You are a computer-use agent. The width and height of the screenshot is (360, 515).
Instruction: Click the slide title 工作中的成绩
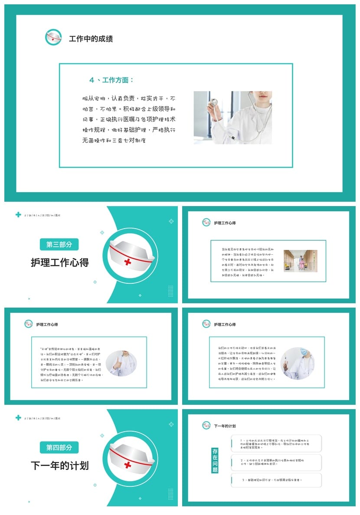coord(91,39)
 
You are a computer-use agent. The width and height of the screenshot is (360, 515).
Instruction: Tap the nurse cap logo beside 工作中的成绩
coord(53,37)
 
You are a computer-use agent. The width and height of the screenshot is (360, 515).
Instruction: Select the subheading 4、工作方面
coord(111,80)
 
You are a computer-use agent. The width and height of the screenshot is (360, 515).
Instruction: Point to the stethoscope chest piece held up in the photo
coord(213,102)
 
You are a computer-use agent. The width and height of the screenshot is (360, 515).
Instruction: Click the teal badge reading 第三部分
coord(59,244)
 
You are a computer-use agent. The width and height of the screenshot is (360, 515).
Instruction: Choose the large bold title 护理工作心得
coord(59,262)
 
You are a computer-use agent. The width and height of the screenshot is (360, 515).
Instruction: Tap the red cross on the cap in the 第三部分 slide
coord(128,262)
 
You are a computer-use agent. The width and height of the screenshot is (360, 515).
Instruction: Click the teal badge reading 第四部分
coord(59,447)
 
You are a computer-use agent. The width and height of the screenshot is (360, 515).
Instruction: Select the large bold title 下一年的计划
coord(59,466)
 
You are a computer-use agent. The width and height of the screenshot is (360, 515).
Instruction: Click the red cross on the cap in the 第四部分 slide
coord(128,465)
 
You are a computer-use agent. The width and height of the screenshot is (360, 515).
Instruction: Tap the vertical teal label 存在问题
coord(215,460)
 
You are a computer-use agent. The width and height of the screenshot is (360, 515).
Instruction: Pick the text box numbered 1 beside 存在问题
coord(276,443)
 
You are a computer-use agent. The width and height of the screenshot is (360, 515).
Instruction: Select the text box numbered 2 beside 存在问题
coord(276,463)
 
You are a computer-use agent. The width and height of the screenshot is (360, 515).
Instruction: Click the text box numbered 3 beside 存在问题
coord(276,480)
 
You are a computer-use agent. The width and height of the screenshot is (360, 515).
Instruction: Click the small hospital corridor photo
coord(300,261)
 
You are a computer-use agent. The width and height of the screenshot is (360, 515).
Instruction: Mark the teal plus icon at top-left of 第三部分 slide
coord(18,215)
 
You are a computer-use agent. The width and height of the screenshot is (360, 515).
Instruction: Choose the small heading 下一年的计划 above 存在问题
coord(225,426)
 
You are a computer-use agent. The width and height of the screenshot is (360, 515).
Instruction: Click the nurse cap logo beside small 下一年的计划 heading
coord(206,425)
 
